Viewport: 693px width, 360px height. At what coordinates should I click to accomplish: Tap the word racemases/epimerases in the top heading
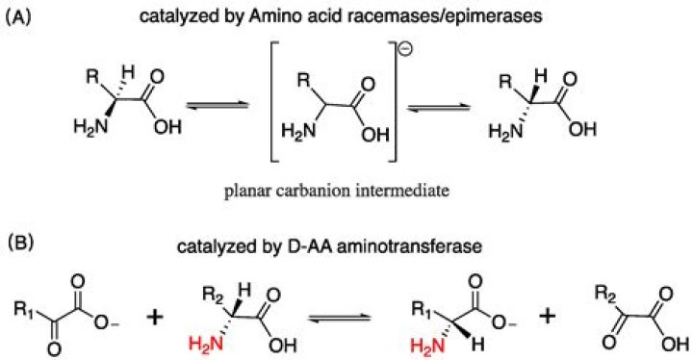(451, 18)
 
